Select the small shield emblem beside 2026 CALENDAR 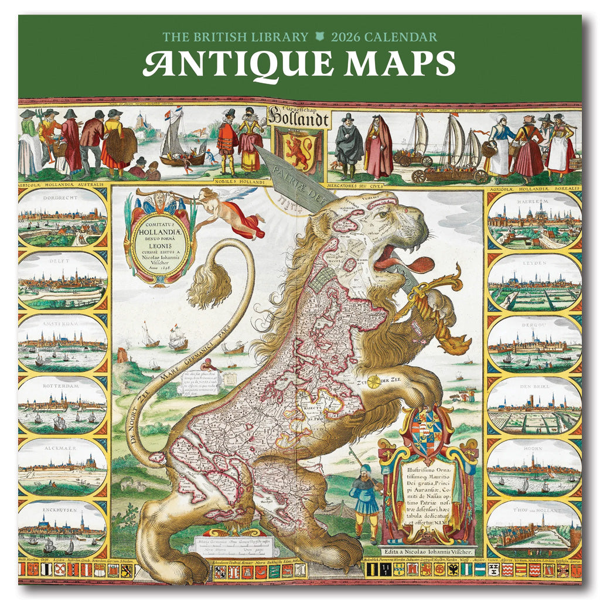[319, 37]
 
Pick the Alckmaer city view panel [62, 468]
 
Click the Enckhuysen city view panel [62, 529]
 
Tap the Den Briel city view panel [534, 405]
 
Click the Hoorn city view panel [534, 467]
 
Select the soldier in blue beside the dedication [366, 501]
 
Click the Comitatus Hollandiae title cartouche [156, 237]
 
